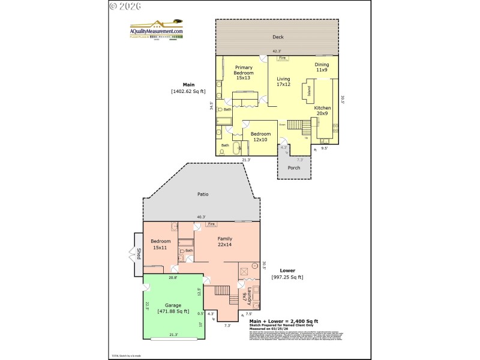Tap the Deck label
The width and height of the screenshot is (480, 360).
278,37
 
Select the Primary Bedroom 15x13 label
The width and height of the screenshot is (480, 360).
243,73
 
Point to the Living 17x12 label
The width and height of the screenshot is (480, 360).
283,82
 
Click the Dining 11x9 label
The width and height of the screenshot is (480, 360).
322,67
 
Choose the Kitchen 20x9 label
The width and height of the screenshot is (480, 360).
322,110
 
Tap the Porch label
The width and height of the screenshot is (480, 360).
294,167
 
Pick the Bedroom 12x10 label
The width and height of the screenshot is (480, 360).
261,137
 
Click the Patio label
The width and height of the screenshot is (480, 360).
203,194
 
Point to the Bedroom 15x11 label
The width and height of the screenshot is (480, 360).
161,244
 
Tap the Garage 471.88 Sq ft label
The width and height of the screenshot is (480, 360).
173,308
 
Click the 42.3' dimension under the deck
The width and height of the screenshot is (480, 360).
277,52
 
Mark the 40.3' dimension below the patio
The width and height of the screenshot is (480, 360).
201,217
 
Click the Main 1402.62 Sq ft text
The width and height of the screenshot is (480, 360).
188,88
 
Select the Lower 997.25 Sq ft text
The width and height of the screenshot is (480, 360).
287,274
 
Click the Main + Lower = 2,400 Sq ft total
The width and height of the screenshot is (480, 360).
284,322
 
